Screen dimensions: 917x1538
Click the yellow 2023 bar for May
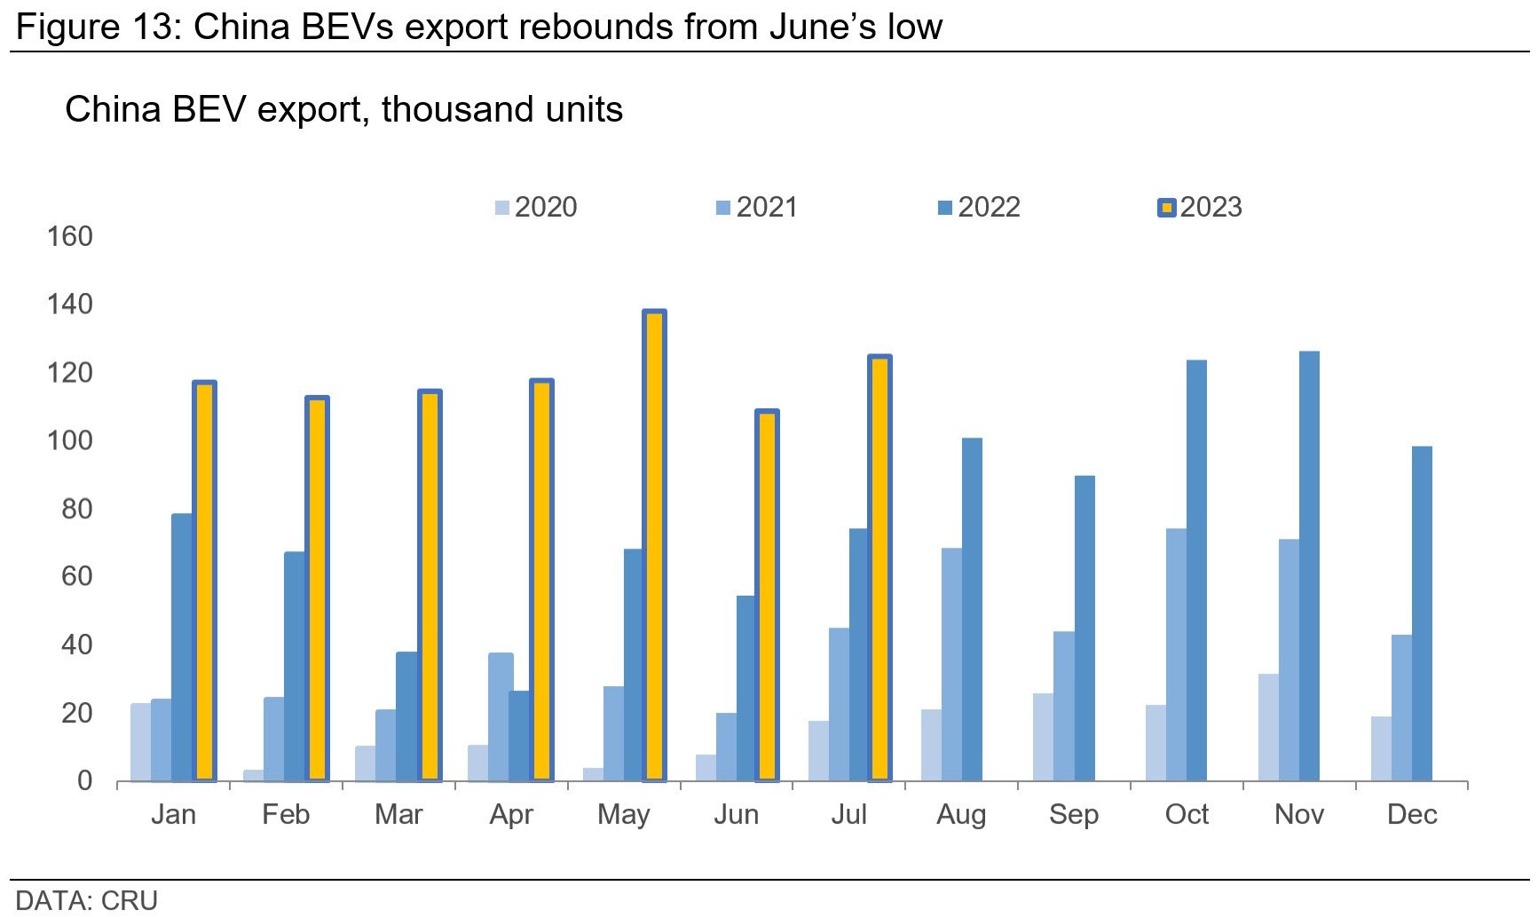[x=654, y=546]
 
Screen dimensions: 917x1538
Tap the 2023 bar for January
[x=204, y=581]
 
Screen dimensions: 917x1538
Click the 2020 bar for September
[x=1043, y=737]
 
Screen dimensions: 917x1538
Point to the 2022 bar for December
[x=1422, y=613]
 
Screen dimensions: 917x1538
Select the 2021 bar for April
[x=501, y=717]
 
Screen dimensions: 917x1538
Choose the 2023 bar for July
[x=879, y=568]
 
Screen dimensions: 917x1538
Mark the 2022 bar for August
[x=972, y=610]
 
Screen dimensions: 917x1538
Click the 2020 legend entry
[x=536, y=208]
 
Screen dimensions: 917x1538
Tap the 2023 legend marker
[x=1167, y=208]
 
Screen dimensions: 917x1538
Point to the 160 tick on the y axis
[x=69, y=237]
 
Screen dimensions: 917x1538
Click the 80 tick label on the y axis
[x=76, y=510]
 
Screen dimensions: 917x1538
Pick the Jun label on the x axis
[x=736, y=815]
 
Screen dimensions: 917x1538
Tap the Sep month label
[x=1074, y=815]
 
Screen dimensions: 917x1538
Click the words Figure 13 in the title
[x=94, y=27]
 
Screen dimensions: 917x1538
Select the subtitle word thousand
[x=438, y=110]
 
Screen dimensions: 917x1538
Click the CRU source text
[x=130, y=900]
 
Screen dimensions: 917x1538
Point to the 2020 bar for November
[x=1268, y=728]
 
